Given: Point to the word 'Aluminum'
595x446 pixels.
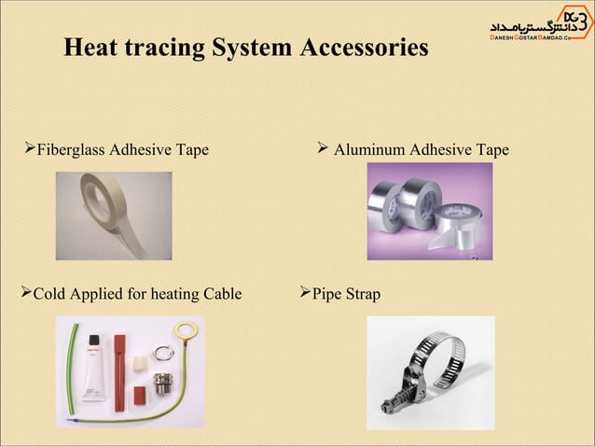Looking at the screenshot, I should coord(370,149).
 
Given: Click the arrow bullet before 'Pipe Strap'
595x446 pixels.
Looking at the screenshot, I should coord(303,294).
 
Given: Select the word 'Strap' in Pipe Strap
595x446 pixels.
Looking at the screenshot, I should coord(363,295).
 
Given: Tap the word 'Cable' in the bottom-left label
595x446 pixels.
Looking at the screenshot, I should coord(219,295).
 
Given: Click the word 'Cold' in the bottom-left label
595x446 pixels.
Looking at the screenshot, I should coord(48,295).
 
